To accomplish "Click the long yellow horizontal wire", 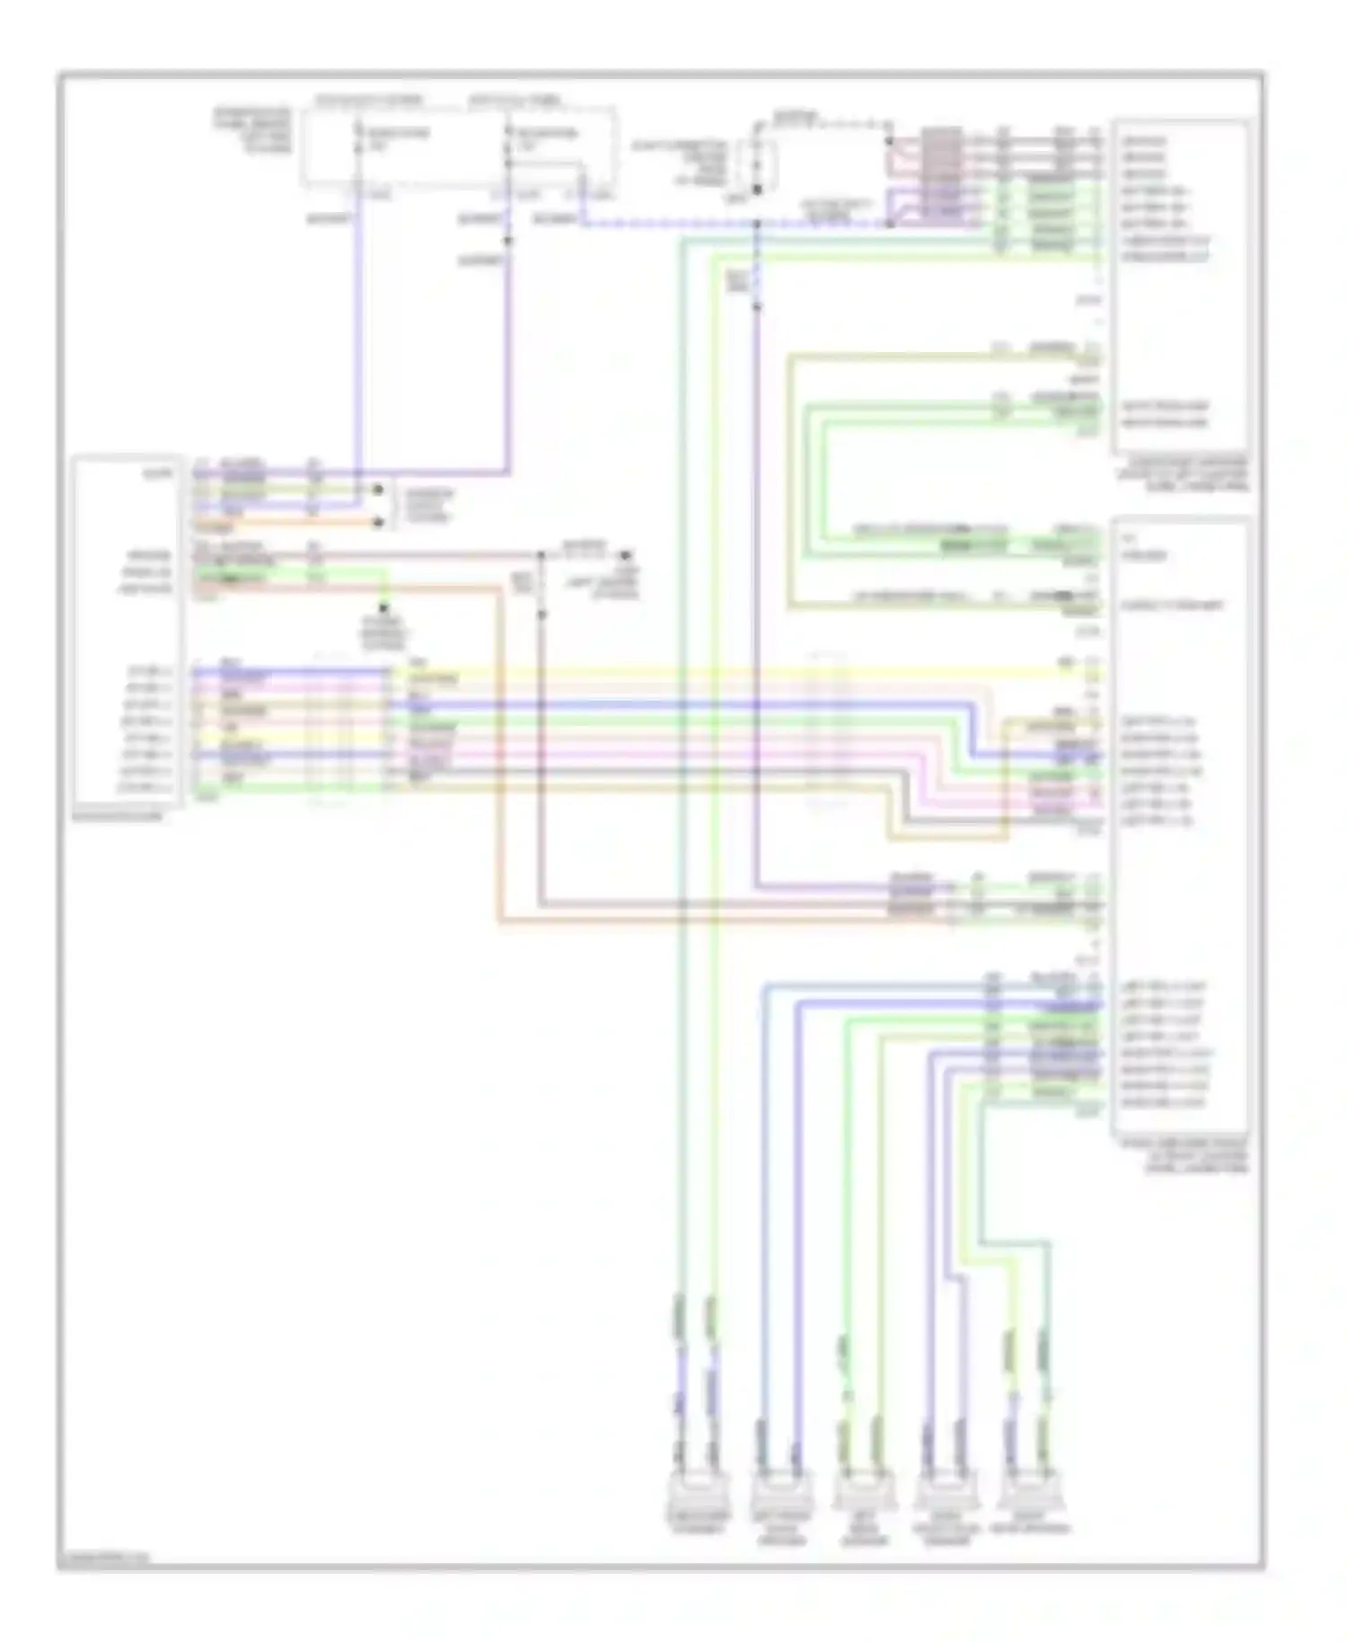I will (x=718, y=672).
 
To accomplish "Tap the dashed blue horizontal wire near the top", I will (x=718, y=224).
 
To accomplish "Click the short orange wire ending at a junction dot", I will (x=287, y=522).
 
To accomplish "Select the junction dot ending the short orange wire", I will (x=378, y=522).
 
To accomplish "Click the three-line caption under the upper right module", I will (x=1182, y=472).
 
